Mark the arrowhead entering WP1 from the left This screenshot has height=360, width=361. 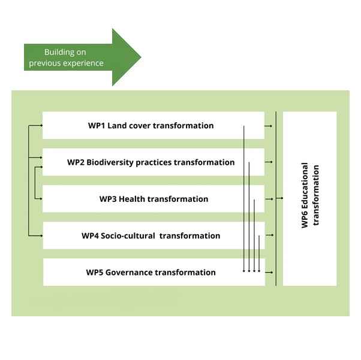(x=41, y=125)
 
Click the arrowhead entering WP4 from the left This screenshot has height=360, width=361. (x=41, y=235)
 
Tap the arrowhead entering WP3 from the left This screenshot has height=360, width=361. (x=41, y=198)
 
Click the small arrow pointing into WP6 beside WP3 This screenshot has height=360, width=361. (x=280, y=198)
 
